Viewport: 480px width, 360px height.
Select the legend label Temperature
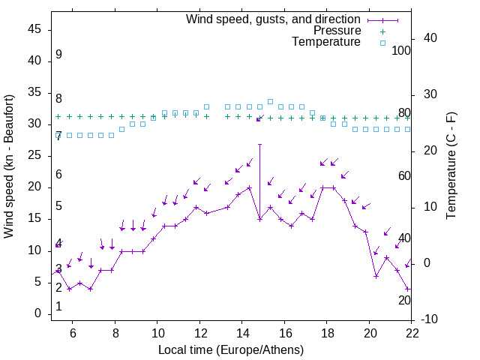click(x=326, y=42)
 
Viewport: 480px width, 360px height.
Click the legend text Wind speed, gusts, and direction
click(x=273, y=19)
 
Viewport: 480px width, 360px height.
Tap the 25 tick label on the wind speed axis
click(x=34, y=156)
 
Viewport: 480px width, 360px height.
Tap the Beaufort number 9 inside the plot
click(x=58, y=55)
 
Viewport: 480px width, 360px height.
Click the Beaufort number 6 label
click(x=58, y=175)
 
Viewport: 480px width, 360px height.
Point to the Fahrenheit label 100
click(x=401, y=51)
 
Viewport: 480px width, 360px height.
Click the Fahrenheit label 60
click(x=404, y=175)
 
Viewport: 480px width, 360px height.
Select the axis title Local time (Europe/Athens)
click(x=231, y=349)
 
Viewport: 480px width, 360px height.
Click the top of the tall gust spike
click(x=259, y=144)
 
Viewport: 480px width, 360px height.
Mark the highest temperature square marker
click(x=270, y=101)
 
